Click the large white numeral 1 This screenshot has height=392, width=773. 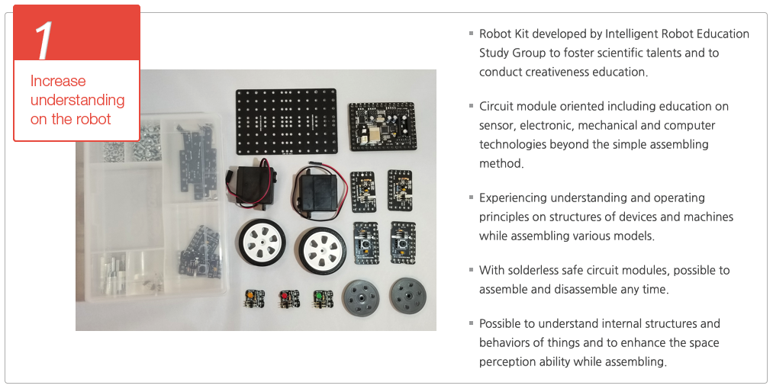(x=43, y=40)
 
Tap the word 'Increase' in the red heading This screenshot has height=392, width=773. (x=58, y=81)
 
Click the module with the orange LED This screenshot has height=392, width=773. (x=254, y=298)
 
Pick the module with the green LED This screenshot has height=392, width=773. (x=323, y=298)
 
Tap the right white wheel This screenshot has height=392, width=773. (x=321, y=250)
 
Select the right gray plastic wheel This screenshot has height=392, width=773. (x=409, y=296)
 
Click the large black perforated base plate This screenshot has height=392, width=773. (x=286, y=121)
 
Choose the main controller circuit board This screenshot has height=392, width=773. (x=382, y=127)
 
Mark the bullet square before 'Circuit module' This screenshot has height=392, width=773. (x=472, y=106)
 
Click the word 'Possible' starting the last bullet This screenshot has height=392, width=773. (x=499, y=323)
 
